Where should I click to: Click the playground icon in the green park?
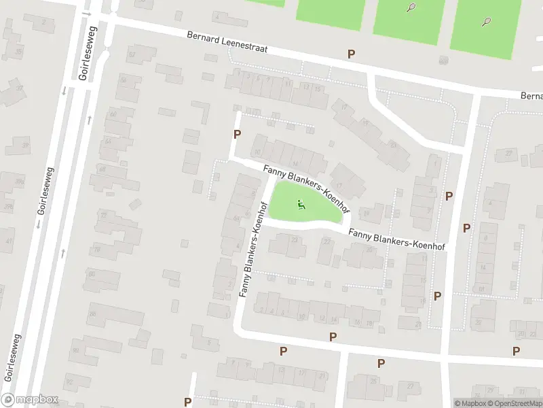point(301,204)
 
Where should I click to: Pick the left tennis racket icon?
point(411,7)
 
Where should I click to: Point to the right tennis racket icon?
point(487,21)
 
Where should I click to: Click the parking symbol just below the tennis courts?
point(351,54)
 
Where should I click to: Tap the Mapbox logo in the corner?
point(30,400)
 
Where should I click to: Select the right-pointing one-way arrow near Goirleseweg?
point(86,13)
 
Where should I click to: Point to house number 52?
point(132,54)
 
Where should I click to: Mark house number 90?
point(75,351)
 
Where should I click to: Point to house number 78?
point(97,250)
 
